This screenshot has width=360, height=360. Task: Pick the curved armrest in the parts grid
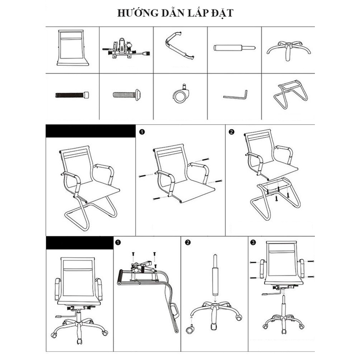[x=180, y=47]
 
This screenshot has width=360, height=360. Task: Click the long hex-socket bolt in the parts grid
[x=72, y=95]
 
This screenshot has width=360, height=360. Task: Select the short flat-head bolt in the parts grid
[x=126, y=95]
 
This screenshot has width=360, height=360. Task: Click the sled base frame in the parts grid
[x=287, y=96]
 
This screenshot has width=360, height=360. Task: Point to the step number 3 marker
[x=253, y=243]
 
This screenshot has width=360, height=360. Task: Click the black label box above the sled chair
[x=90, y=132]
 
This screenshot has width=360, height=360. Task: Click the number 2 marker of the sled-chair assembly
[x=232, y=132]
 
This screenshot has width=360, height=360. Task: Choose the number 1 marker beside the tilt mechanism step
[x=118, y=243]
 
